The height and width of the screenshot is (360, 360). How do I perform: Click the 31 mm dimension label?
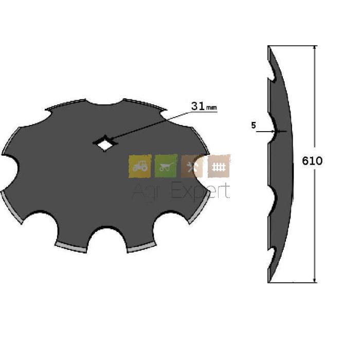204,106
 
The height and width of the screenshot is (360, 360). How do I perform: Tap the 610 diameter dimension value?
312,160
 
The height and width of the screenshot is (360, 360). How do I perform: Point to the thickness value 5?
254,125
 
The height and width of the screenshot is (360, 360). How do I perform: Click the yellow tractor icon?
140,166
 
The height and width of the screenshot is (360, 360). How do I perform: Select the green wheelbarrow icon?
166,166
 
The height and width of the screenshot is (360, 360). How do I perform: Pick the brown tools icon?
192,167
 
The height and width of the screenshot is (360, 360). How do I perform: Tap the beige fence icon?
219,166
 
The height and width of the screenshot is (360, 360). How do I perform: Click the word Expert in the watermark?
201,191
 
